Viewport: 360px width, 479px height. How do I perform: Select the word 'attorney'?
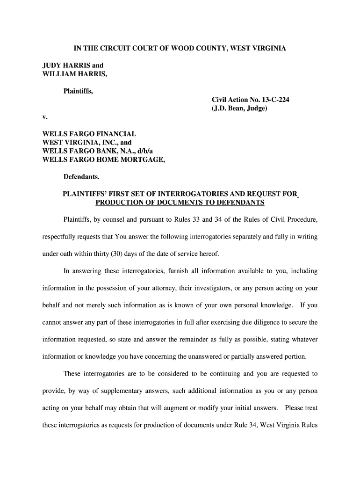[160, 288]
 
